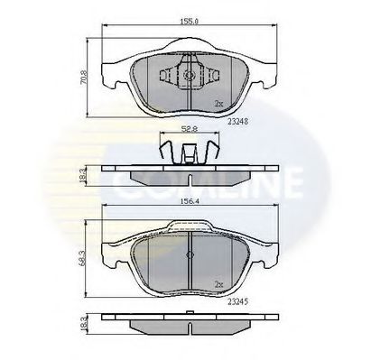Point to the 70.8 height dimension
pyautogui.click(x=80, y=78)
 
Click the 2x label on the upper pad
pyautogui.click(x=219, y=104)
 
